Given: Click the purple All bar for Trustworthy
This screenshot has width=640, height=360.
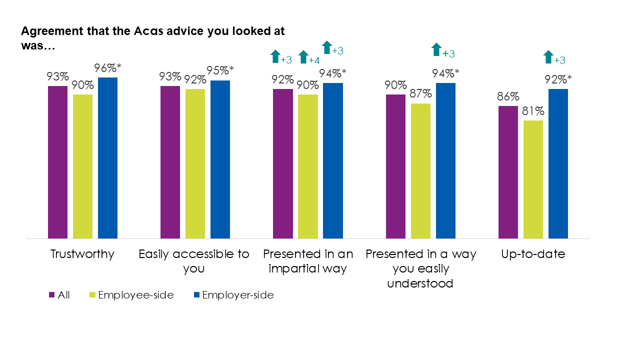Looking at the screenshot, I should (x=57, y=162).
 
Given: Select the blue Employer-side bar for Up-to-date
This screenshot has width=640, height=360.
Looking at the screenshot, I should (x=558, y=163).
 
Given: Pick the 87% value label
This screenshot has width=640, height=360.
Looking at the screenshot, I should (x=420, y=94).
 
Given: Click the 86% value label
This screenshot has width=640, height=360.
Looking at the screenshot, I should (x=508, y=96).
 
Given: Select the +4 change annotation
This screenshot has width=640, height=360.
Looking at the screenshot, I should (x=314, y=60).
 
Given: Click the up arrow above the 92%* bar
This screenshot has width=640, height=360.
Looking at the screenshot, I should (x=548, y=57).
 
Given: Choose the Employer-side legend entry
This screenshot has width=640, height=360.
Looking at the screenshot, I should (x=235, y=295).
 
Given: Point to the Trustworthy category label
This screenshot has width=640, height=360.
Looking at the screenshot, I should (x=82, y=254).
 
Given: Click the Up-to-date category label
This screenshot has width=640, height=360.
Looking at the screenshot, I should (x=533, y=254).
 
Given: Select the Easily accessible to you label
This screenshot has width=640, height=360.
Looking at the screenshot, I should (x=194, y=261).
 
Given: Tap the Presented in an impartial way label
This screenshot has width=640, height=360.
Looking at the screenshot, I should (x=308, y=261).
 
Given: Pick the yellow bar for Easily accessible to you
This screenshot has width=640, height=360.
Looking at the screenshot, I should (x=195, y=163).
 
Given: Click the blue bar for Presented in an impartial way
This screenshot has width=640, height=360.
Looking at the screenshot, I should (x=333, y=160).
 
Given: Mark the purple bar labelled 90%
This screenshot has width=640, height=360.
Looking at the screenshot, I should (x=396, y=166).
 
